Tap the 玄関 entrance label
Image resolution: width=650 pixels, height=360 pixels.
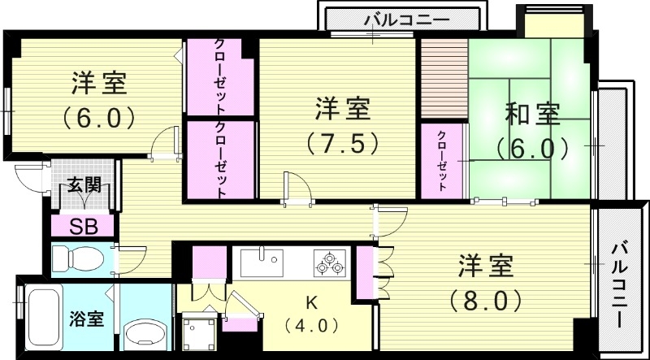(84, 186)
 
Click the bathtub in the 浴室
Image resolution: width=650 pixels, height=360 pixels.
(41, 317)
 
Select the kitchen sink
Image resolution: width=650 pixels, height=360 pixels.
(261, 263)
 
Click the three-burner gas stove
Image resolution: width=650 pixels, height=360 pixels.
(329, 263)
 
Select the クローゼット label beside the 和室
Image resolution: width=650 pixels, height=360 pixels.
(443, 160)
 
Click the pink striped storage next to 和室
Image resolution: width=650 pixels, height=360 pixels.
(443, 77)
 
